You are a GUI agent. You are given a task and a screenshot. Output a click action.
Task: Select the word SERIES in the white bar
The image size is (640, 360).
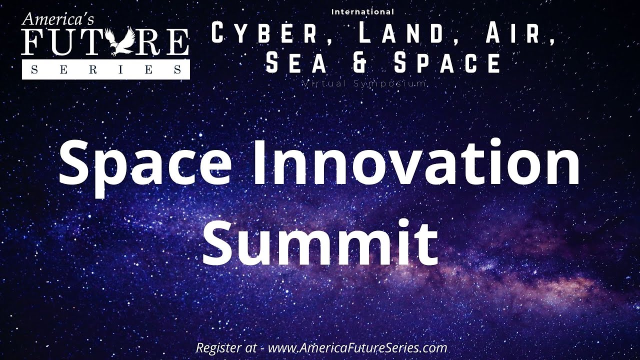click(106, 70)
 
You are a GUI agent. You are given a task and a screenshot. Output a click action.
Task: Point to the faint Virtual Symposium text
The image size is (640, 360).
click(364, 83)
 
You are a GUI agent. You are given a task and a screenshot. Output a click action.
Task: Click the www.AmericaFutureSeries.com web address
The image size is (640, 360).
click(357, 347)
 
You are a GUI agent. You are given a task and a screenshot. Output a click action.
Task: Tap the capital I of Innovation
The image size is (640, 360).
click(262, 160)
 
